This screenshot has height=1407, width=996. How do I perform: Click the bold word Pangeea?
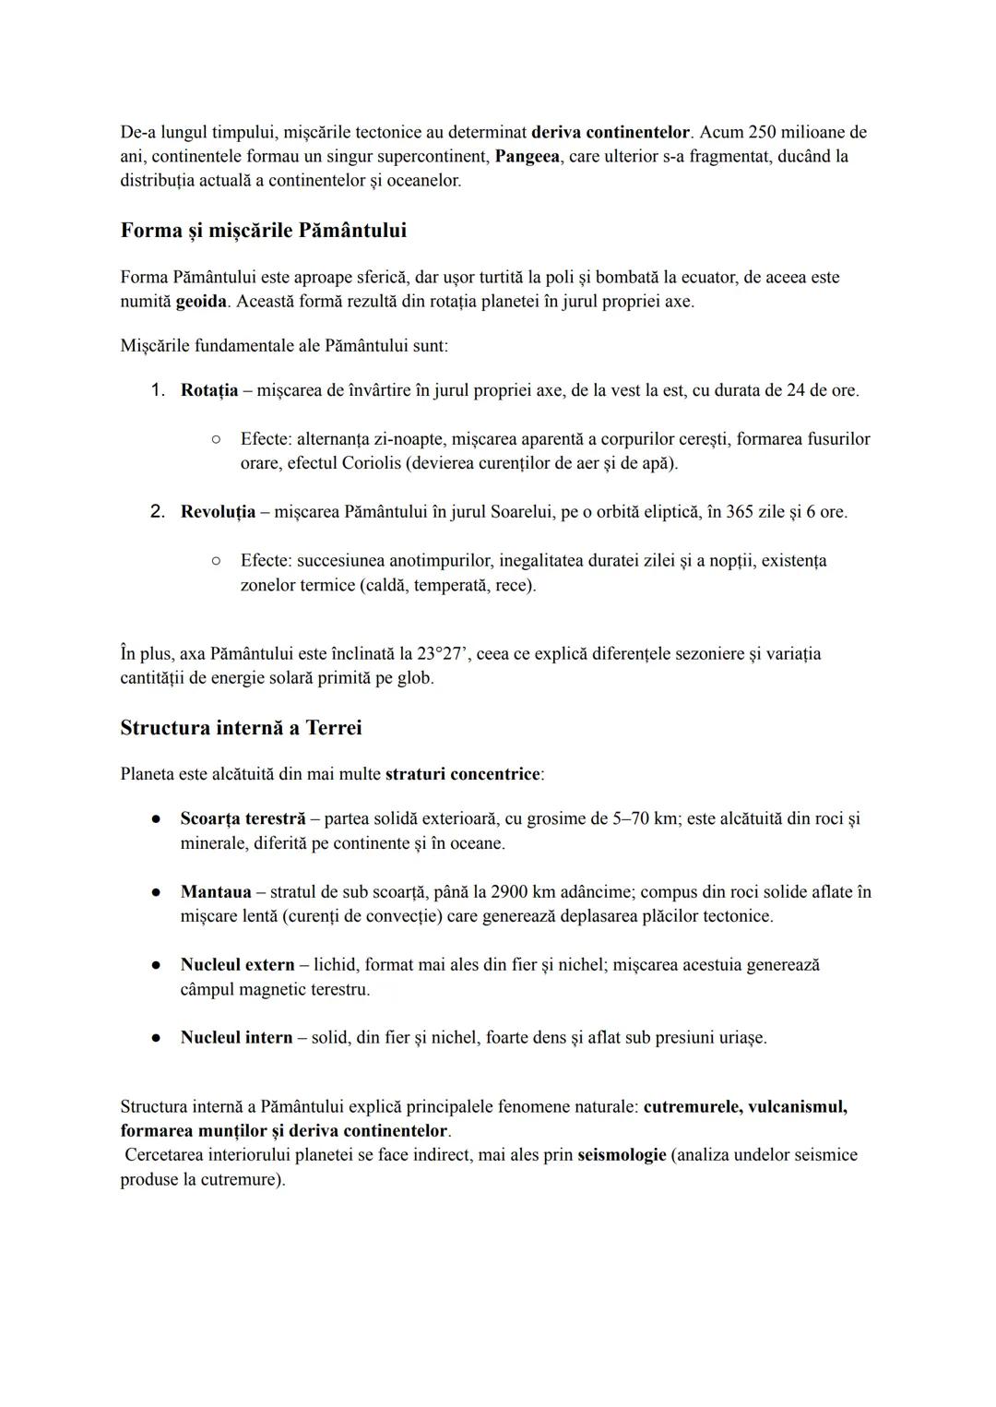pyautogui.click(x=528, y=156)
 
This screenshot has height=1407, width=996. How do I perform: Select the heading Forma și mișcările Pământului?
pyautogui.click(x=263, y=230)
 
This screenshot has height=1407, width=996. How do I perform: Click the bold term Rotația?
pyautogui.click(x=209, y=390)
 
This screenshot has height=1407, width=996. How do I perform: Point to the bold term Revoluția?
pyautogui.click(x=218, y=512)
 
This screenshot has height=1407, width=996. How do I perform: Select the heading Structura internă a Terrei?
pyautogui.click(x=241, y=728)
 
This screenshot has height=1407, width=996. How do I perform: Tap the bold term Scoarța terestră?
pyautogui.click(x=243, y=819)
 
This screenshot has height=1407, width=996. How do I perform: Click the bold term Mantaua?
pyautogui.click(x=216, y=892)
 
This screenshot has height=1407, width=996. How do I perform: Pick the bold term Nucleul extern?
pyautogui.click(x=237, y=965)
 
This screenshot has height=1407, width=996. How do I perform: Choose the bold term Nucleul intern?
pyautogui.click(x=236, y=1038)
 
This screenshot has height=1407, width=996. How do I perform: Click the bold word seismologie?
pyautogui.click(x=622, y=1155)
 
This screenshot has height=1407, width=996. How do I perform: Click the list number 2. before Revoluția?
pyautogui.click(x=158, y=512)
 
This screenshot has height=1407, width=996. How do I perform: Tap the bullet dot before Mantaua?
pyautogui.click(x=158, y=893)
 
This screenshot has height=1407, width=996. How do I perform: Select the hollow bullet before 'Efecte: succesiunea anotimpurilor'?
pyautogui.click(x=215, y=561)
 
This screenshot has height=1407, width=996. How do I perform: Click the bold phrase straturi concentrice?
pyautogui.click(x=462, y=774)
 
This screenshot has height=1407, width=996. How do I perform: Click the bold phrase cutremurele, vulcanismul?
pyautogui.click(x=745, y=1106)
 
